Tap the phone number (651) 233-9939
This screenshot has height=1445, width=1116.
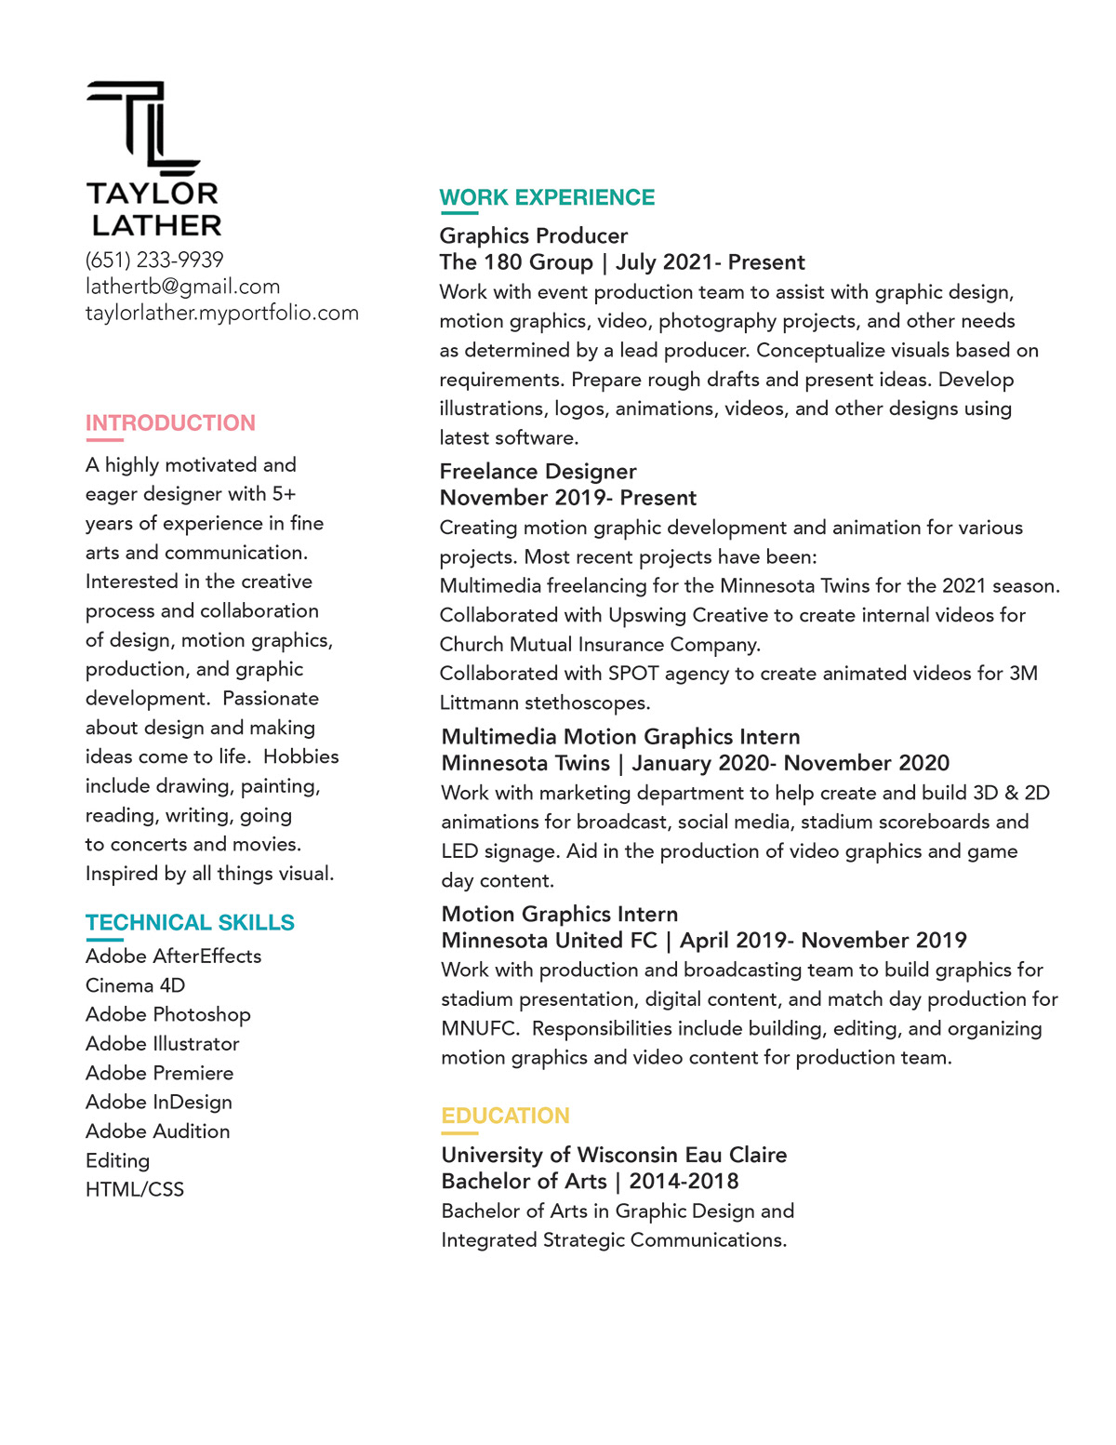[x=154, y=260]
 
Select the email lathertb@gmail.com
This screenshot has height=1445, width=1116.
[x=182, y=287]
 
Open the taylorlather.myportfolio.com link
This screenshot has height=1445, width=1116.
[x=221, y=313]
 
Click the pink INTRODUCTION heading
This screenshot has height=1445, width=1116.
[x=170, y=423]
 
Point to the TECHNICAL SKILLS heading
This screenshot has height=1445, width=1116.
[x=190, y=922]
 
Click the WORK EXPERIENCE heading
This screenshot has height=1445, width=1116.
[x=547, y=197]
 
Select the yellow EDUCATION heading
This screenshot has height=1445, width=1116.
[x=505, y=1116]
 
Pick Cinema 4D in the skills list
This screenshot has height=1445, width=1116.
[x=135, y=985]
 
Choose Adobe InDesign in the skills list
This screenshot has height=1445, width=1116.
[x=159, y=1102]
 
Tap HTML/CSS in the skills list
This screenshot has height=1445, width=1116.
[x=135, y=1189]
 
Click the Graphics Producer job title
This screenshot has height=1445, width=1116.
[x=533, y=235]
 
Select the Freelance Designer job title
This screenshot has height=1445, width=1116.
[x=538, y=471]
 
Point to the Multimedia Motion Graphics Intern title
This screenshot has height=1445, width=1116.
[x=620, y=736]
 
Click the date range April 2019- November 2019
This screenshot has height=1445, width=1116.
[x=823, y=940]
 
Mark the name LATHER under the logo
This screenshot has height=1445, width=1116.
[x=156, y=225]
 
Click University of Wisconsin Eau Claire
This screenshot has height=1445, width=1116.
[x=614, y=1155]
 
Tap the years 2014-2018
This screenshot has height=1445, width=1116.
[x=684, y=1181]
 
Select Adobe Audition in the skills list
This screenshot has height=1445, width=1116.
[x=157, y=1131]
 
